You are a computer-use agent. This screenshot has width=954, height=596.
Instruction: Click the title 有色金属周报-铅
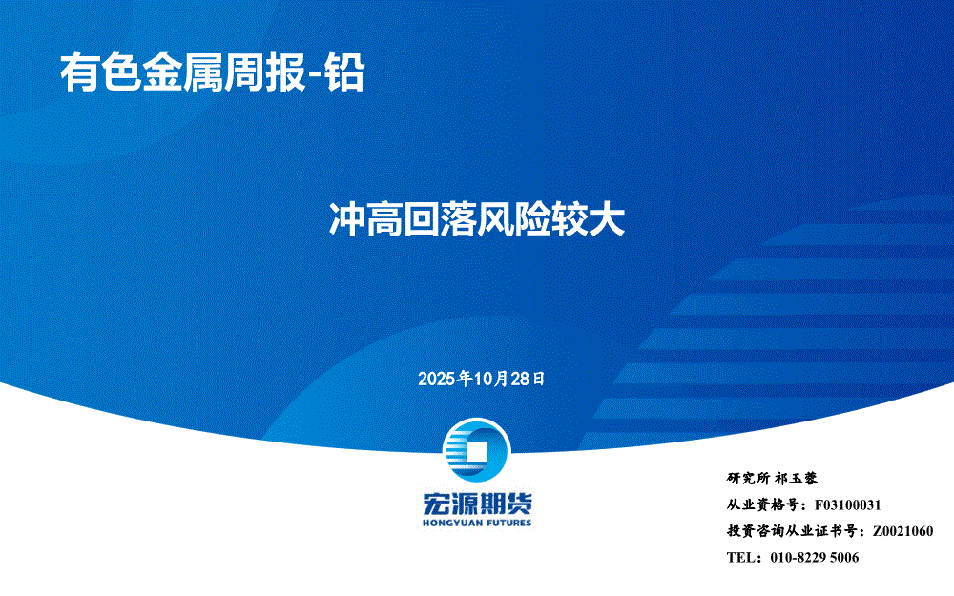click(213, 73)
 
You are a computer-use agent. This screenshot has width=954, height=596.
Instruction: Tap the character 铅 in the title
click(345, 73)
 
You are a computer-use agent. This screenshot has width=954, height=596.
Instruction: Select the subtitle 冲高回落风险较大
click(477, 219)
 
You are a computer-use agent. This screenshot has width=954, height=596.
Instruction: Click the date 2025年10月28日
click(481, 379)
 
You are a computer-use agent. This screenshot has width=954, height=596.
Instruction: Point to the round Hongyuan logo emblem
click(476, 451)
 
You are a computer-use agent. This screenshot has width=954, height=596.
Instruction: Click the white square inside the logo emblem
click(476, 452)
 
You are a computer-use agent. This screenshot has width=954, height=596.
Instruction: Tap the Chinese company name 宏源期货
click(477, 503)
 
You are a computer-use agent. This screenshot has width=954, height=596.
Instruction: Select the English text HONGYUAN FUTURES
click(477, 523)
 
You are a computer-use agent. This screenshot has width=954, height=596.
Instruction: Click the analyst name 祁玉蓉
click(797, 478)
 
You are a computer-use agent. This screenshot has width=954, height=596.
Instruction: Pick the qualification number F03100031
click(847, 504)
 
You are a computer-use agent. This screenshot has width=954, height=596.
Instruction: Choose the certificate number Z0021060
click(902, 531)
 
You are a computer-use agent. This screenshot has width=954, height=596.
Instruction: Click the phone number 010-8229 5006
click(815, 557)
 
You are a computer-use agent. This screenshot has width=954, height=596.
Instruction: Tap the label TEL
click(739, 557)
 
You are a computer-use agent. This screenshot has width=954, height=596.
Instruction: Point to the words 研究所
click(748, 478)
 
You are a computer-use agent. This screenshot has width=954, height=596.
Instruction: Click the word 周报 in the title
click(265, 73)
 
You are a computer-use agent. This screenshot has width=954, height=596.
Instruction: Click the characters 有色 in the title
click(101, 73)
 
